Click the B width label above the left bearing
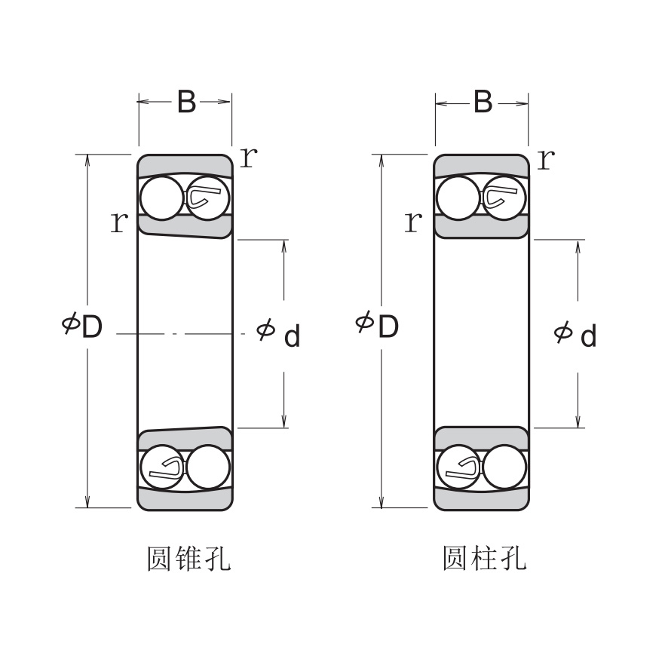point(185,102)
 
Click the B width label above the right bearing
point(483,102)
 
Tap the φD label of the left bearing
point(82,326)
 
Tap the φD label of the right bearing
point(377,326)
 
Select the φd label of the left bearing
point(278,333)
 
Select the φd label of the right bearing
point(575,333)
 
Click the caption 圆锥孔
point(188,559)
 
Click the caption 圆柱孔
point(484,559)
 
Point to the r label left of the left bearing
point(118,222)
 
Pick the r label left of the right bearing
point(412,222)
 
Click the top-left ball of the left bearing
point(161,198)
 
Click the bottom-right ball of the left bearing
point(207,467)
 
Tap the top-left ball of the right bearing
point(458,198)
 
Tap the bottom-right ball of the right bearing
point(504,467)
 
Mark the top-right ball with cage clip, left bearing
point(207,198)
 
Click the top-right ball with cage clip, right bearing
point(504,198)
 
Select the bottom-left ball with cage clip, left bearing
point(163,467)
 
